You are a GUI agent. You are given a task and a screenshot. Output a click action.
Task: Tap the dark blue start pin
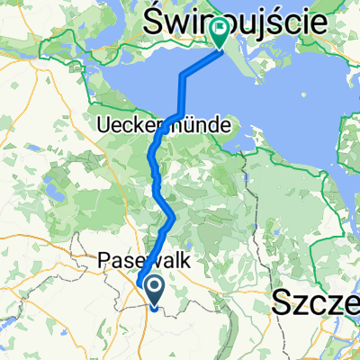[154, 290]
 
